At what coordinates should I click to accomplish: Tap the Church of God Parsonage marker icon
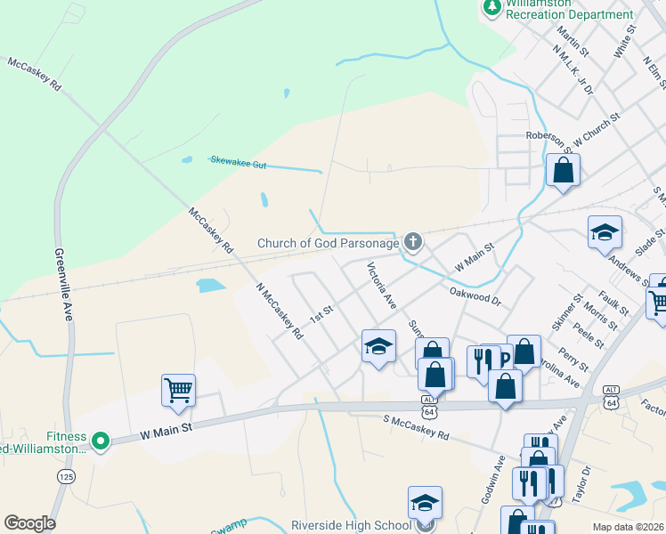412,241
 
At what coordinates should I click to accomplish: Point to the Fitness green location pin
101,440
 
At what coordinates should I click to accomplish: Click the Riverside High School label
349,525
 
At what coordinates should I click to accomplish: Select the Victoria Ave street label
382,285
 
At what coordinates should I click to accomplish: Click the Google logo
29,523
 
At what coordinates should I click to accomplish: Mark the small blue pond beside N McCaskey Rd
210,286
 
